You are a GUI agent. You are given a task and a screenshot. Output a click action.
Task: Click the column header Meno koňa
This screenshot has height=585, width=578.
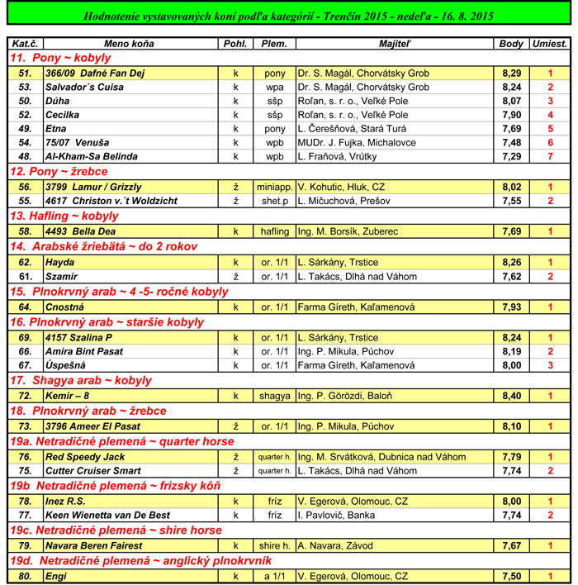point(129,43)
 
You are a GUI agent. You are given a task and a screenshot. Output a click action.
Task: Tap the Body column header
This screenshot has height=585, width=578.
point(511,43)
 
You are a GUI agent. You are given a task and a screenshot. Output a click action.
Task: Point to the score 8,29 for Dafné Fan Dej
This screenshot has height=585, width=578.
point(511,74)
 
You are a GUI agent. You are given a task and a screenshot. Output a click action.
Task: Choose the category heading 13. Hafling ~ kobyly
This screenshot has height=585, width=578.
point(65,216)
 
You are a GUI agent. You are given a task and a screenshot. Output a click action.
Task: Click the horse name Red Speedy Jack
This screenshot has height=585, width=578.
point(85,456)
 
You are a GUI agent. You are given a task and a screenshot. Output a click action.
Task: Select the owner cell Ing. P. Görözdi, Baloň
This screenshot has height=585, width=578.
point(345,396)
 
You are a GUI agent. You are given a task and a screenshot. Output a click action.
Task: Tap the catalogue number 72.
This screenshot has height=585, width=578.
point(25,396)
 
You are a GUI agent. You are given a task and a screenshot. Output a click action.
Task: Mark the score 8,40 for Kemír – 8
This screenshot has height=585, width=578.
point(511,396)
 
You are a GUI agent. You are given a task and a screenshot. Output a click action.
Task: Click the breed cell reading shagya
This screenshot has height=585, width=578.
point(275,396)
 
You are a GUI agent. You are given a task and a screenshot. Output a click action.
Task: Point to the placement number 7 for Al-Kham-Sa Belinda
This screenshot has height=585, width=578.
point(550,155)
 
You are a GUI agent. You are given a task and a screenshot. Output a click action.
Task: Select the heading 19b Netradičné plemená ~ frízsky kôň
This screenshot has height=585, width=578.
point(115,486)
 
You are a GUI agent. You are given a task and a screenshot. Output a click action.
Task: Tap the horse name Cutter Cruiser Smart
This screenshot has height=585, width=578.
point(92,470)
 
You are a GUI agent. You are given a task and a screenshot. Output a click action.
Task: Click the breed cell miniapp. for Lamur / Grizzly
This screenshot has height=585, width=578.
point(275,187)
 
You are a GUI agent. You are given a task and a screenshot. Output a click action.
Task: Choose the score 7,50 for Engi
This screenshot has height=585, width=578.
point(511,575)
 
